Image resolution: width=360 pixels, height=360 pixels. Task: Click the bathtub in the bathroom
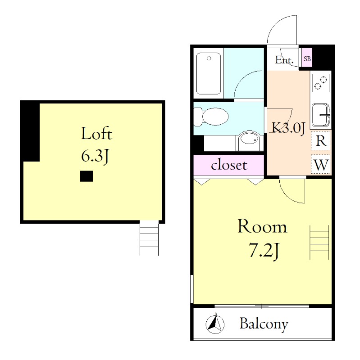click(x=209, y=73)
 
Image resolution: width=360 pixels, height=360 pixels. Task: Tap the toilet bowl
click(x=211, y=117)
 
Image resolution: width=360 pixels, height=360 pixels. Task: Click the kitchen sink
click(x=321, y=115)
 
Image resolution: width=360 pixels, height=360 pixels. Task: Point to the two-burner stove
click(x=321, y=83)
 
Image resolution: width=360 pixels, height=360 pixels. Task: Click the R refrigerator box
click(x=321, y=140)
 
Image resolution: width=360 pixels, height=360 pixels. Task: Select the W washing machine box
click(x=321, y=164)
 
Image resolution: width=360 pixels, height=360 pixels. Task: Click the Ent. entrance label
click(x=284, y=60)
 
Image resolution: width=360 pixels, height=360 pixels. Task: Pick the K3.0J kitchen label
click(x=288, y=128)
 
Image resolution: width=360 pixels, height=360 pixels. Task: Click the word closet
click(x=229, y=165)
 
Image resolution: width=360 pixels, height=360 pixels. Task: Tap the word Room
click(x=262, y=226)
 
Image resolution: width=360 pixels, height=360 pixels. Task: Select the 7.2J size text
click(x=264, y=251)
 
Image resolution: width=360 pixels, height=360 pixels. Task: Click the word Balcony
click(x=264, y=324)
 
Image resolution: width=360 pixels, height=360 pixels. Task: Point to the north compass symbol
click(x=215, y=324)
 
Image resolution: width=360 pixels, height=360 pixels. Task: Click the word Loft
click(x=96, y=133)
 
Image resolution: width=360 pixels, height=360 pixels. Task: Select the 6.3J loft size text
click(x=95, y=156)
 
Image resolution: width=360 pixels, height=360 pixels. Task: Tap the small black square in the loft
click(x=87, y=176)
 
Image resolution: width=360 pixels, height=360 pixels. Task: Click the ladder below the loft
click(x=149, y=238)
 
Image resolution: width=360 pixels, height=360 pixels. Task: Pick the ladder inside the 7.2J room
click(x=319, y=242)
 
